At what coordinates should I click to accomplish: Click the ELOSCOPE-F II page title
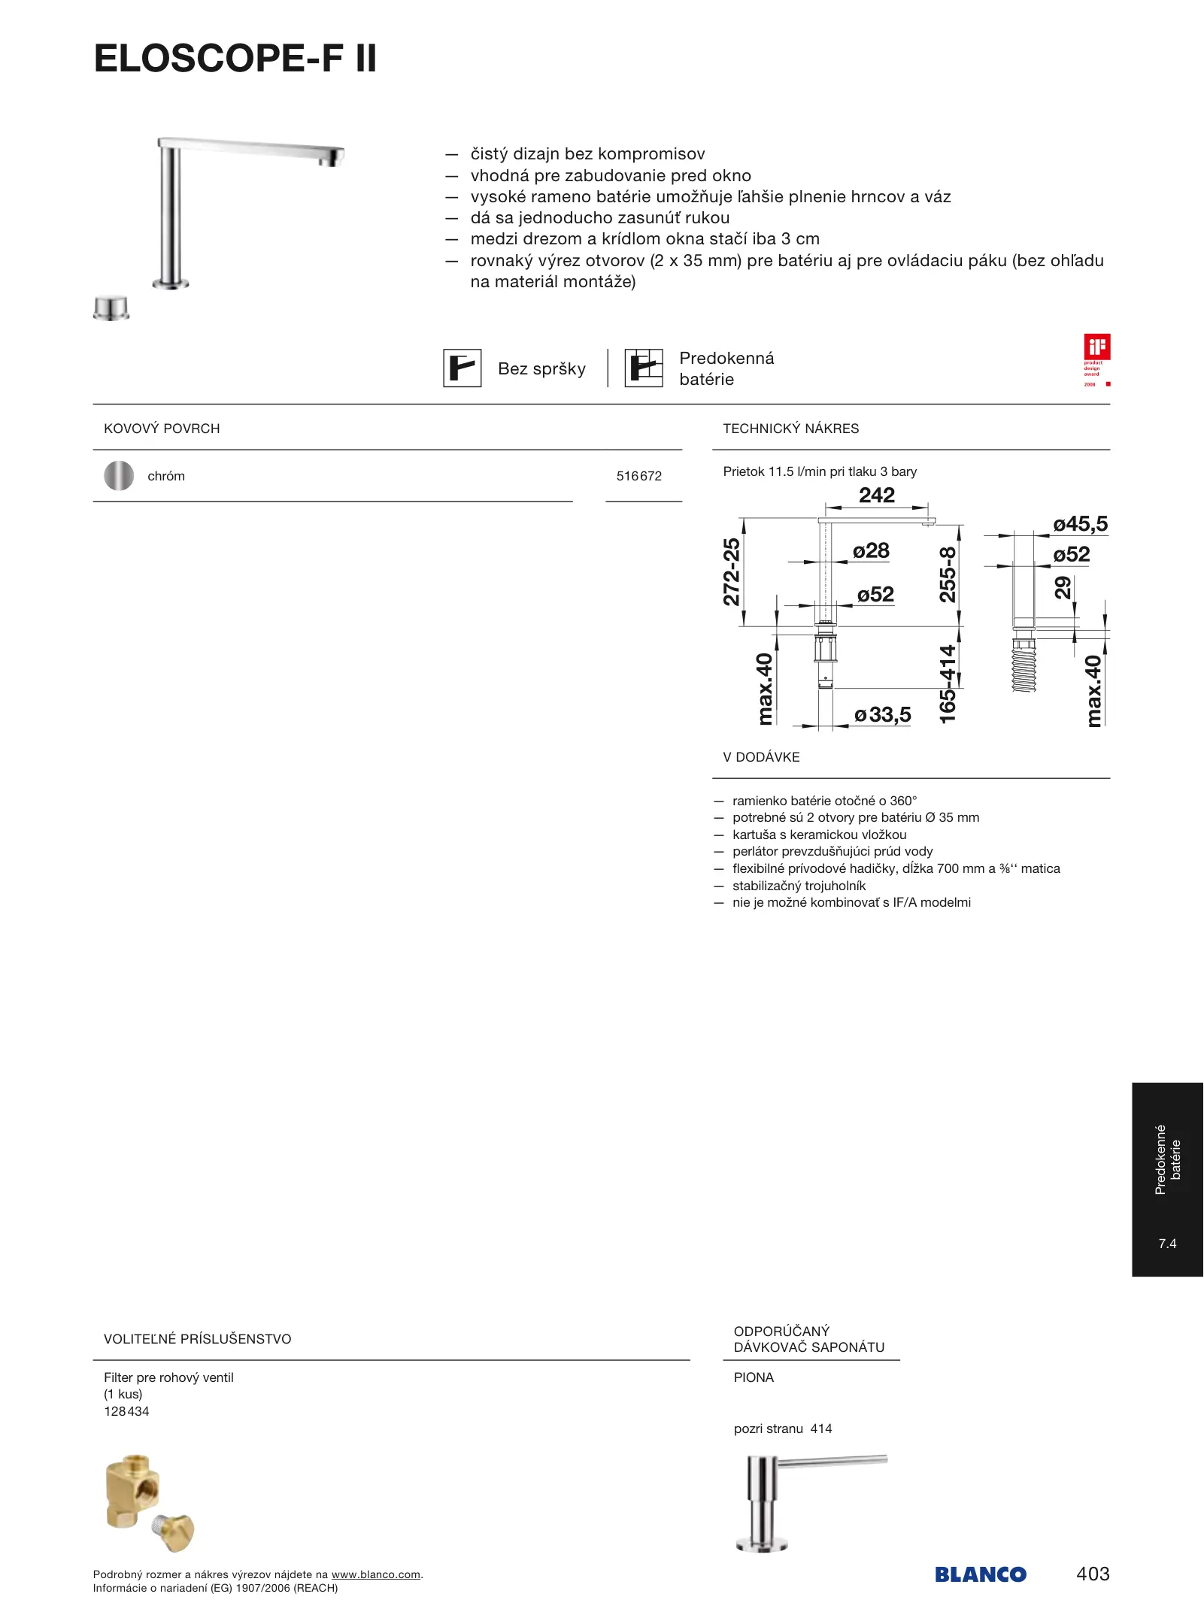coord(235,59)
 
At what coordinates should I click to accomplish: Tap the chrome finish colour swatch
coord(119,476)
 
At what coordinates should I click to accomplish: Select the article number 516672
coord(639,476)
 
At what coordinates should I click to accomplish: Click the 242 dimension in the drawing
coord(877,495)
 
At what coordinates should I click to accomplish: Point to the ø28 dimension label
coord(871,551)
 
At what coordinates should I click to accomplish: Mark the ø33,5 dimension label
coord(883,714)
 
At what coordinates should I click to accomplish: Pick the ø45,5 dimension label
coord(1080,524)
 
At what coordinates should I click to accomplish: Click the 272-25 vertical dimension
coord(731,571)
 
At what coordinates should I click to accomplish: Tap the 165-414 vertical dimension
coord(948,684)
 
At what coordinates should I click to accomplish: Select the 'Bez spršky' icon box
coord(462,368)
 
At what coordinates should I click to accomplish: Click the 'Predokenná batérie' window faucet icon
coord(644,368)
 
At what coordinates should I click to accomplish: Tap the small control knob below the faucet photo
coord(111,308)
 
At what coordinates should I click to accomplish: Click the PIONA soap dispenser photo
coord(808,1503)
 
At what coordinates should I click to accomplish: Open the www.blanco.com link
coord(375,1574)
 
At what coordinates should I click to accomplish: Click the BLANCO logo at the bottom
coord(981,1574)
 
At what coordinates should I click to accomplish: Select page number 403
coord(1093,1574)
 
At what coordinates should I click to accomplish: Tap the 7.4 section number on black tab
coord(1167,1244)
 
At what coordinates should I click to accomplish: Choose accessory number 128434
coord(126,1411)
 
